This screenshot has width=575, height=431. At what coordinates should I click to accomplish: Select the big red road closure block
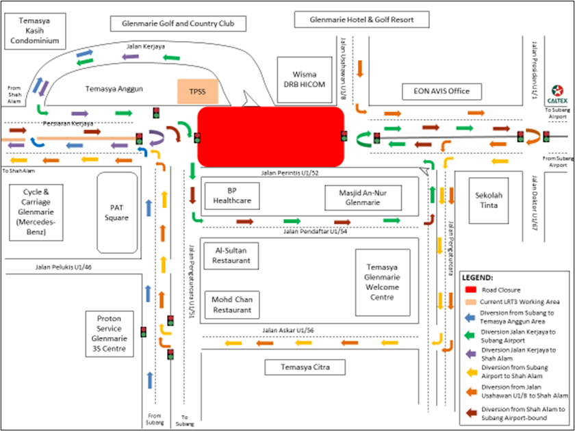coord(270,137)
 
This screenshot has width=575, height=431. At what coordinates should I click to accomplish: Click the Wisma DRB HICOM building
coord(304,79)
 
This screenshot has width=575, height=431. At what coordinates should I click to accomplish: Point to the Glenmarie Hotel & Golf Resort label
coord(362,20)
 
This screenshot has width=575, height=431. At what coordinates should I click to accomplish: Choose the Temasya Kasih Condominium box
coord(34,31)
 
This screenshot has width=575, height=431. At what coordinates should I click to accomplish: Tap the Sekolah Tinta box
coord(489,200)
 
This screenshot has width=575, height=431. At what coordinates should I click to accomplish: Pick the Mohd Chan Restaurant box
coord(231,304)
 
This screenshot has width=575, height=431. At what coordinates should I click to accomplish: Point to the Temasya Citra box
coord(305,368)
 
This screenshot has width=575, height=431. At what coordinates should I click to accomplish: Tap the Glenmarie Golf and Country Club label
coord(178,23)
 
